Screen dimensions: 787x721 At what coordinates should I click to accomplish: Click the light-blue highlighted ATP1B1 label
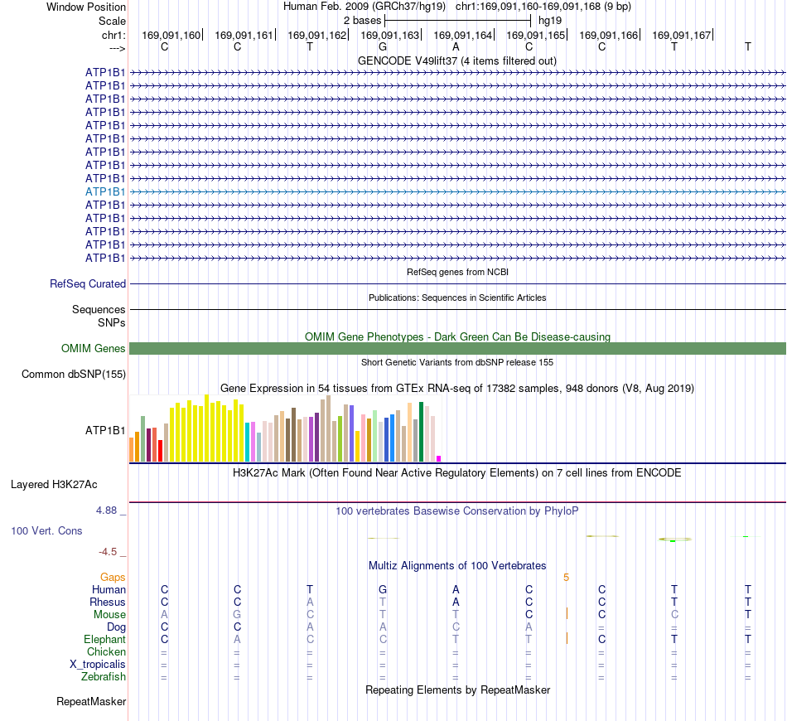tap(105, 191)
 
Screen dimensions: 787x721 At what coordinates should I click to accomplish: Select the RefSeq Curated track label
tap(88, 283)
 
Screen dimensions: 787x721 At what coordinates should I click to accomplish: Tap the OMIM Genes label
tap(94, 348)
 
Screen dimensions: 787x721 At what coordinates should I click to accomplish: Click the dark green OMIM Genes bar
tap(457, 348)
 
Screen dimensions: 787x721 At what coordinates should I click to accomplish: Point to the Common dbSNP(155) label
tap(74, 374)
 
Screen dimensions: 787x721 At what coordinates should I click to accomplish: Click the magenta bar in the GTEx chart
tap(439, 458)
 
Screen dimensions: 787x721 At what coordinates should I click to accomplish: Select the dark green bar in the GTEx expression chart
tap(421, 432)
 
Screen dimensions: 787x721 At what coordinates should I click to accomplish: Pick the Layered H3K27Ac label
tap(54, 485)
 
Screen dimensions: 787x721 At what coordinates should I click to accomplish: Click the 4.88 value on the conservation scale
tap(106, 511)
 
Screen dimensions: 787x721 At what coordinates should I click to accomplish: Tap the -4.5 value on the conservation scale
tap(108, 552)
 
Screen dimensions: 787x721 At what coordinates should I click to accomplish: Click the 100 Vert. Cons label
tap(46, 530)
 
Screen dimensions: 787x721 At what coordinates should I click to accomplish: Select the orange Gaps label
tap(113, 578)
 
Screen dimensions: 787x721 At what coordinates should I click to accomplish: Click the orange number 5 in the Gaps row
tap(566, 578)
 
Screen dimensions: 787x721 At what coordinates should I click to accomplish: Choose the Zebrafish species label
tap(104, 677)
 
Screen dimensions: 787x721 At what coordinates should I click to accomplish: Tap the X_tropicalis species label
tap(98, 665)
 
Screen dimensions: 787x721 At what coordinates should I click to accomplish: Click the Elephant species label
tap(105, 639)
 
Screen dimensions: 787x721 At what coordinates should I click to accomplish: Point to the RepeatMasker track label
tap(91, 701)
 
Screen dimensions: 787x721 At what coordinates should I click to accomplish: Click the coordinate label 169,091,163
tap(389, 35)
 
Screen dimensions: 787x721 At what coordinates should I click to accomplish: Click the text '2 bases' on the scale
tap(362, 21)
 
